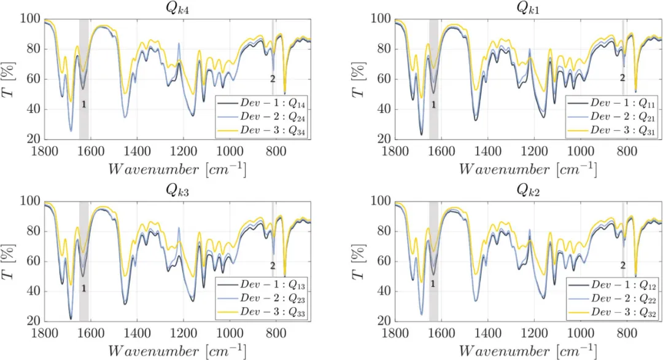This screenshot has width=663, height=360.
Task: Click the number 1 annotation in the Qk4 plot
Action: (83, 105)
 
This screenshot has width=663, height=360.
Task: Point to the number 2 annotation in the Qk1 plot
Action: (622, 78)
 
